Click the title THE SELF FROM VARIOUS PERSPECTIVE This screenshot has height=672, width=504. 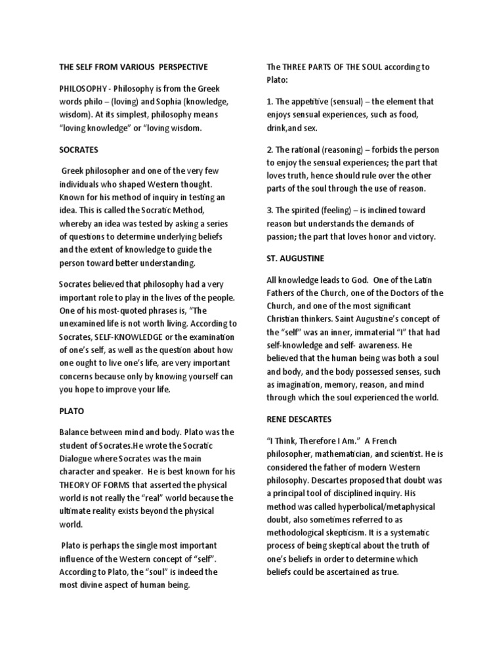point(133,67)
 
